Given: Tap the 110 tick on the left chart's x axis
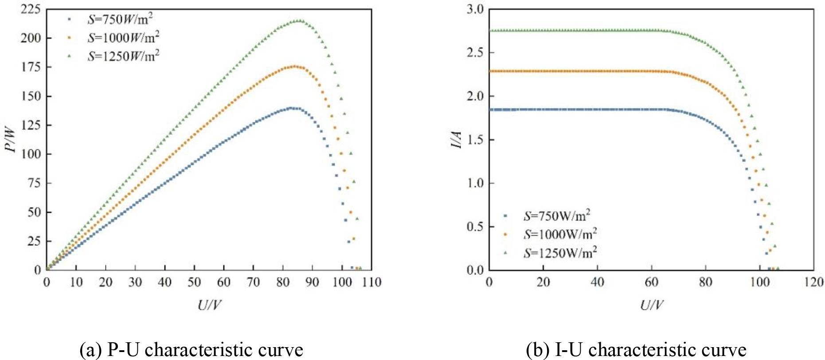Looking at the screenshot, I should tap(371, 282).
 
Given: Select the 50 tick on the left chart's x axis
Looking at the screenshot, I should tap(194, 282).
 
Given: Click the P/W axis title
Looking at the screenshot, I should tap(11, 140).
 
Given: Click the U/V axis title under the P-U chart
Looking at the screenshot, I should tap(209, 305).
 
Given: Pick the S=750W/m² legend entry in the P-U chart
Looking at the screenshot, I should tap(120, 20).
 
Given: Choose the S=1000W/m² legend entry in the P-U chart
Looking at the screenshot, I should tap(123, 38).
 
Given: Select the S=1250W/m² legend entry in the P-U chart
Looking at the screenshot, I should tap(123, 56).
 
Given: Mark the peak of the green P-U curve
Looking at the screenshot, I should tap(299, 20).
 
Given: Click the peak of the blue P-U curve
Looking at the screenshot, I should tap(291, 108).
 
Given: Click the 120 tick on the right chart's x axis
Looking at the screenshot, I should tap(813, 282).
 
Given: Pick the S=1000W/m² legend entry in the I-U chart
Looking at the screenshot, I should tap(560, 234).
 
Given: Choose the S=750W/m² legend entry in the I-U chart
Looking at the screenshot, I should tap(557, 216).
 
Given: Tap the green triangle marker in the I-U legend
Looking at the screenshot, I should tap(505, 253).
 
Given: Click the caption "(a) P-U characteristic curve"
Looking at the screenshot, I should tap(192, 350).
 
